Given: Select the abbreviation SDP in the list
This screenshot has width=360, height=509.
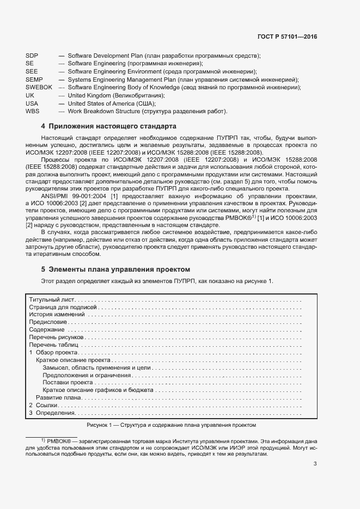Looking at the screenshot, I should (x=32, y=56).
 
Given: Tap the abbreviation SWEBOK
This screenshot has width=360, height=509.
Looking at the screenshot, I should (x=39, y=87).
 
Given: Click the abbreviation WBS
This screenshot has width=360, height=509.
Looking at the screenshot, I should (x=33, y=111).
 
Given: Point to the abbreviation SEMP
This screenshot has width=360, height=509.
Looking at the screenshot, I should (x=34, y=79).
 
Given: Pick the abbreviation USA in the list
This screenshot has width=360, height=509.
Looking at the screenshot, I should (x=32, y=103).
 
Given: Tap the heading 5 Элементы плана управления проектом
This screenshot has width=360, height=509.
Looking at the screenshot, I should (x=115, y=269).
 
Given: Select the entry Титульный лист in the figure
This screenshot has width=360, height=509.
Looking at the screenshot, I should (x=52, y=300).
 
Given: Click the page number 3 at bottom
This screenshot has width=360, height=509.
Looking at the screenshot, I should (x=315, y=464).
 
